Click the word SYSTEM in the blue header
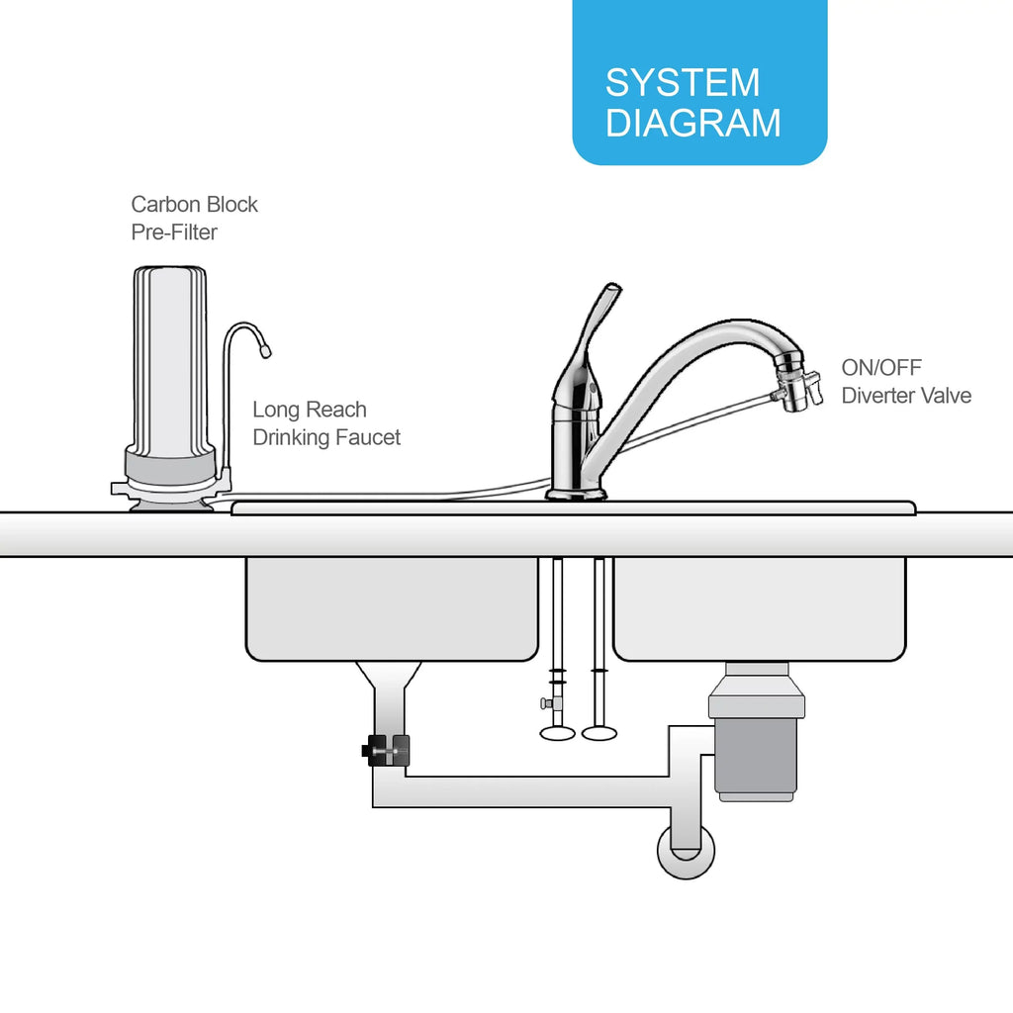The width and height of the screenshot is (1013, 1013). (683, 82)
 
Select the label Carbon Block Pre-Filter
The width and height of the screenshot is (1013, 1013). (194, 218)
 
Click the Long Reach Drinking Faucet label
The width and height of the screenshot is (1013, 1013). (326, 423)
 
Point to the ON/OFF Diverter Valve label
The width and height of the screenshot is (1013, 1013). (906, 381)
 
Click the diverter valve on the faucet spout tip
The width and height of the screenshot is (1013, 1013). (797, 386)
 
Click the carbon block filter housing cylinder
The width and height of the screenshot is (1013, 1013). (170, 362)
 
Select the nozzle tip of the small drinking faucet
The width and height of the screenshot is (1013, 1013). (265, 350)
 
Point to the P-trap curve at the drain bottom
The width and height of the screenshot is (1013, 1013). (687, 852)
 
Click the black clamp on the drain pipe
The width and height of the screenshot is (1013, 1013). (387, 750)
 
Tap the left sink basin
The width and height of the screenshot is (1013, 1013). (392, 608)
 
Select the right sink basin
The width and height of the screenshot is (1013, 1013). (759, 608)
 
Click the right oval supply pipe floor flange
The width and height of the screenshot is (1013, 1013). (599, 733)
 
